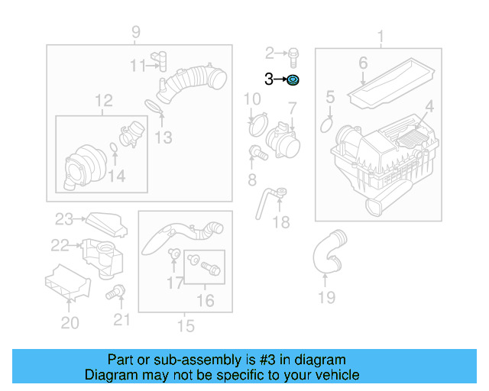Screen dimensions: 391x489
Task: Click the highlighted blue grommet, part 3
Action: point(293,79)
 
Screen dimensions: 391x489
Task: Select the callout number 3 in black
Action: point(269,79)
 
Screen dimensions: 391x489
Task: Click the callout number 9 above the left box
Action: point(135,32)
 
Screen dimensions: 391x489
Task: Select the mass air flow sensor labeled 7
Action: point(280,138)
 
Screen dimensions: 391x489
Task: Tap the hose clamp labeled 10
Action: point(257,120)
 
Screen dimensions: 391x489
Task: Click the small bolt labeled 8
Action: point(259,153)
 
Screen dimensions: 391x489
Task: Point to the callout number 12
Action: point(103,100)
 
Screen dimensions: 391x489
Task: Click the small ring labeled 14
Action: point(113,147)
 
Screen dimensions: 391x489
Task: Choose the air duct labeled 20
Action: point(67,284)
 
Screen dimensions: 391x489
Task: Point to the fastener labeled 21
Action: point(118,291)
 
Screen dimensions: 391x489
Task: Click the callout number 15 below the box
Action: point(186,326)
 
